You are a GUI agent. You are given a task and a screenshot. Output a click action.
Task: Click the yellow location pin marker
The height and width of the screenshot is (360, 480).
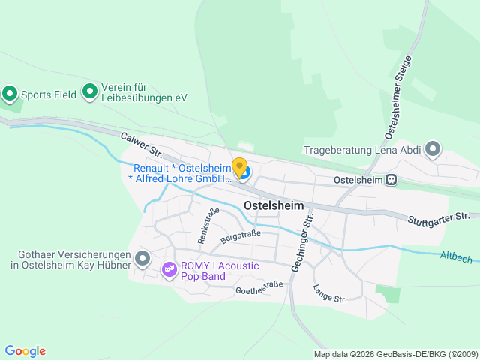[239, 167]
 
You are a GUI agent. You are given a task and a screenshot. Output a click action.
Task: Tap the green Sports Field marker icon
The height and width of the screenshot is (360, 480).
[10, 94]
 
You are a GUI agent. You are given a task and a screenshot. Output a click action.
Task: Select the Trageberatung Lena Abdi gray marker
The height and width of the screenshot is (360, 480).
[433, 149]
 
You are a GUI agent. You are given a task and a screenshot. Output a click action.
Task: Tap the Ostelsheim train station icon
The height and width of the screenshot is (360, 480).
[391, 180]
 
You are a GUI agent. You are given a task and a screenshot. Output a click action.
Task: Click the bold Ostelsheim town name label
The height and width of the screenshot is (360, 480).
[273, 205]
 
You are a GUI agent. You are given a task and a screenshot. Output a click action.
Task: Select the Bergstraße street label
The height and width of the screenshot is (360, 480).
[240, 238]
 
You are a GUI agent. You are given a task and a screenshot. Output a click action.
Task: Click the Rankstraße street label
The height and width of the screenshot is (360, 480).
[208, 225]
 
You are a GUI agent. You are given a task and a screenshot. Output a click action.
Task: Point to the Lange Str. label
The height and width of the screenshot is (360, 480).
[329, 293]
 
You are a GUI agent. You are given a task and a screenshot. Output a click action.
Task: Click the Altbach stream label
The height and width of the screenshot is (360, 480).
[456, 258]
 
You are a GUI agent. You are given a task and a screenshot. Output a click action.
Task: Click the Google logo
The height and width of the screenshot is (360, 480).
[25, 351]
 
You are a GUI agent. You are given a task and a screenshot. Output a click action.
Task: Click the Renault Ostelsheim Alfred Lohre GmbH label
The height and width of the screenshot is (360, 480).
[181, 173]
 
